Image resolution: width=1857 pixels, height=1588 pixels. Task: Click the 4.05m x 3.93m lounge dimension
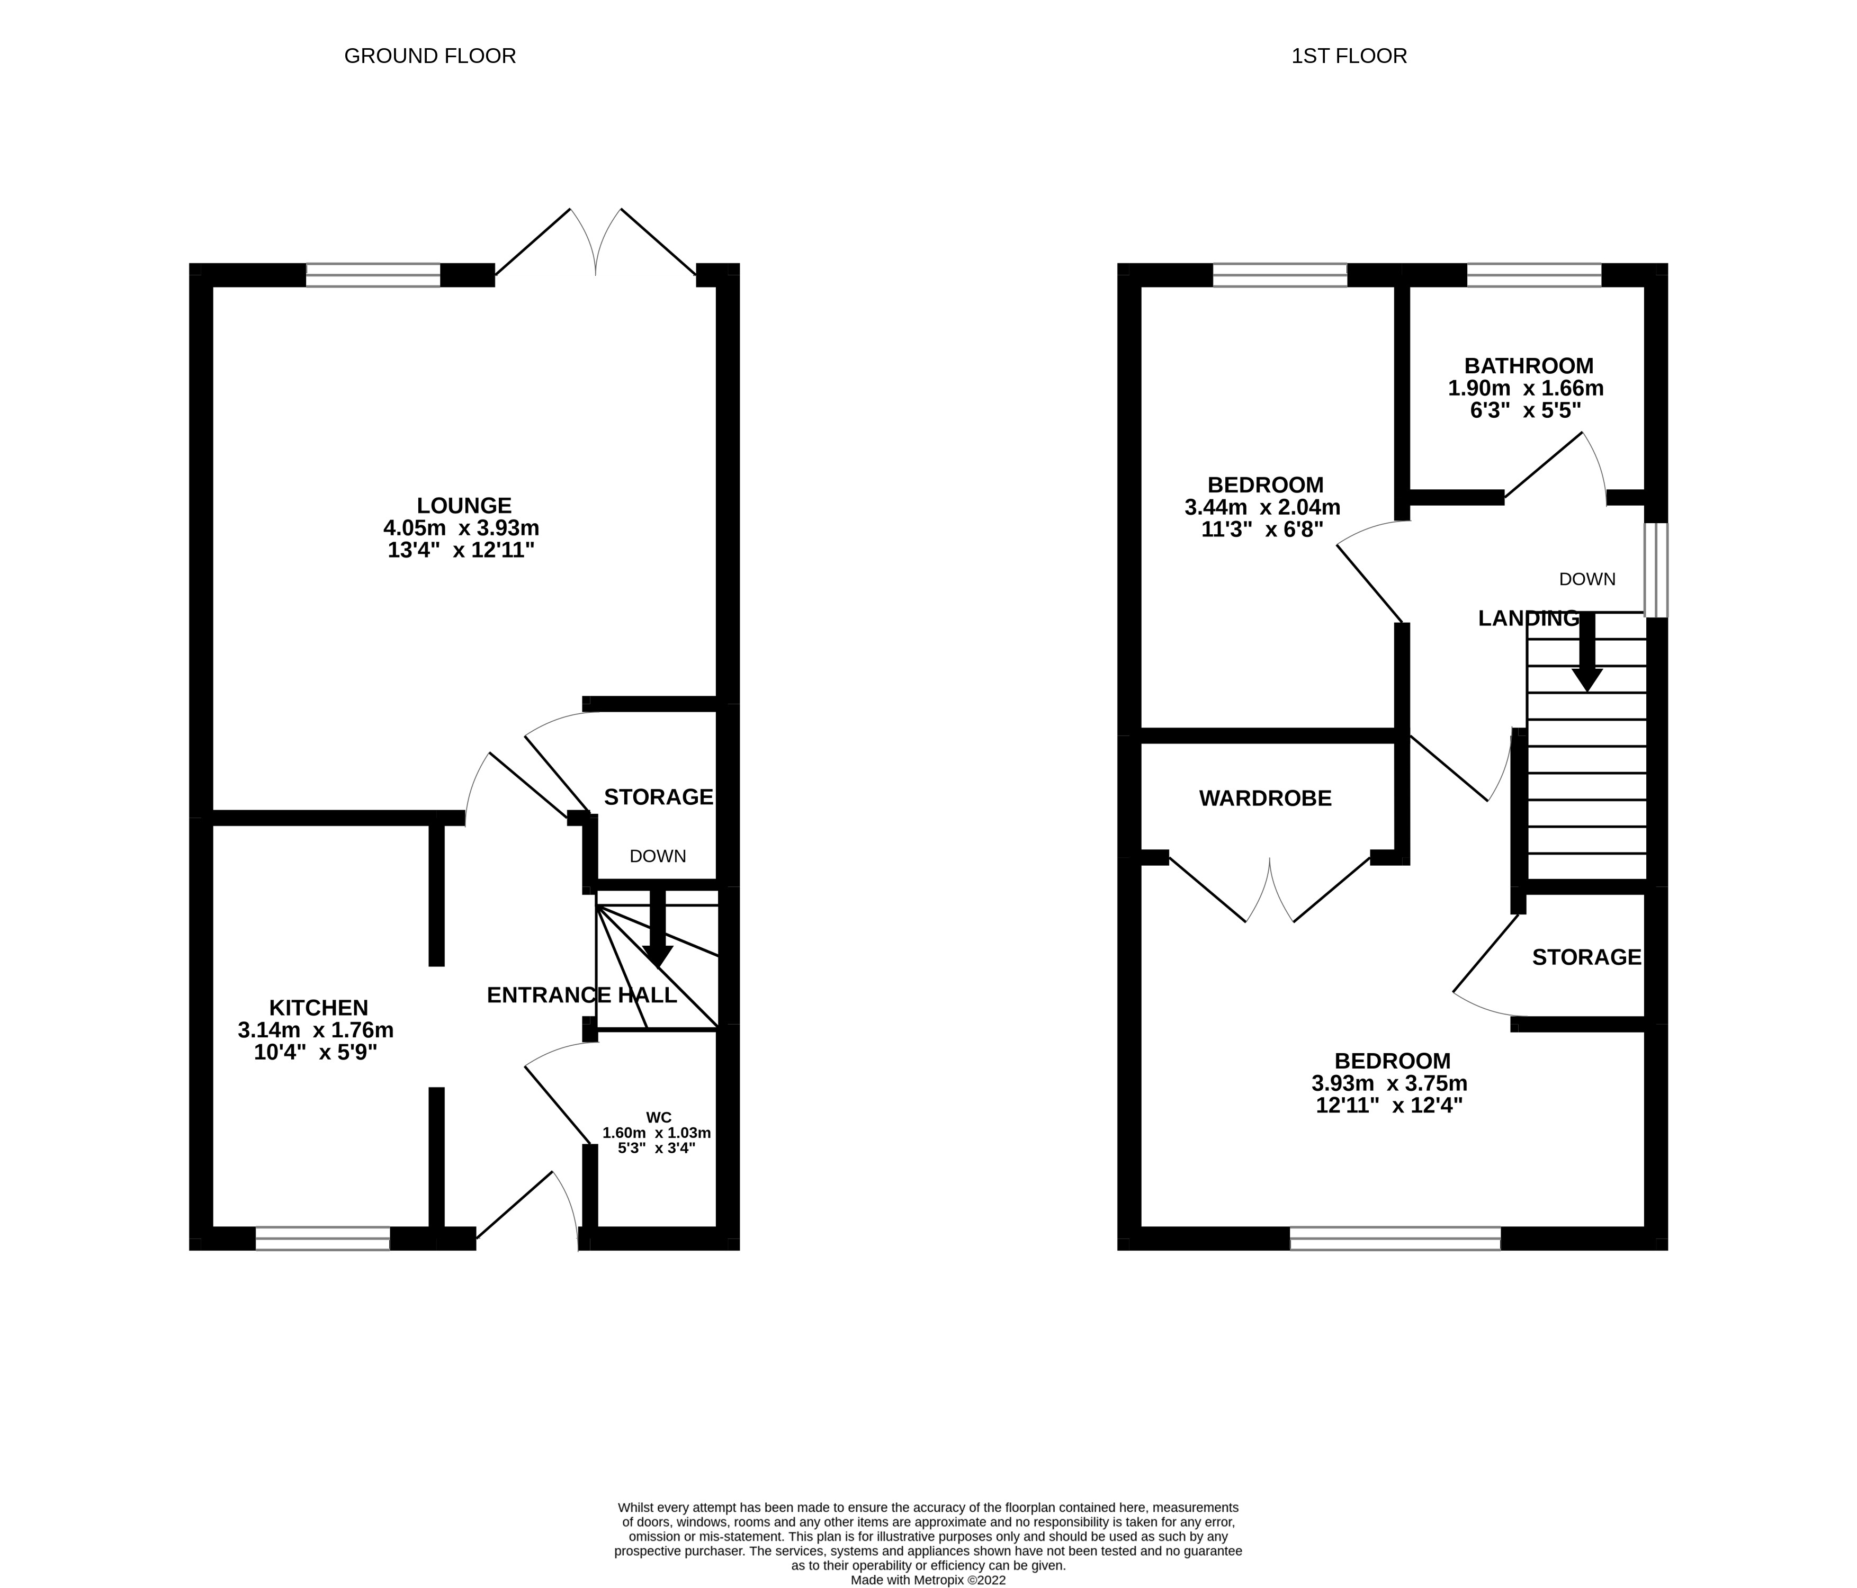point(462,528)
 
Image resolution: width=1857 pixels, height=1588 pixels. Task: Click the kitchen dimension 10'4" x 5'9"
point(316,1052)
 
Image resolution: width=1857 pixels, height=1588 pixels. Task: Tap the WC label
point(659,1117)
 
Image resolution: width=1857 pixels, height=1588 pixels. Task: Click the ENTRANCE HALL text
point(581,995)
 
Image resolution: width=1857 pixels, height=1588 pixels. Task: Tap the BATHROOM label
point(1529,366)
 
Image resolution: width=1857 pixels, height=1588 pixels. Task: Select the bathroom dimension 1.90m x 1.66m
point(1526,388)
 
